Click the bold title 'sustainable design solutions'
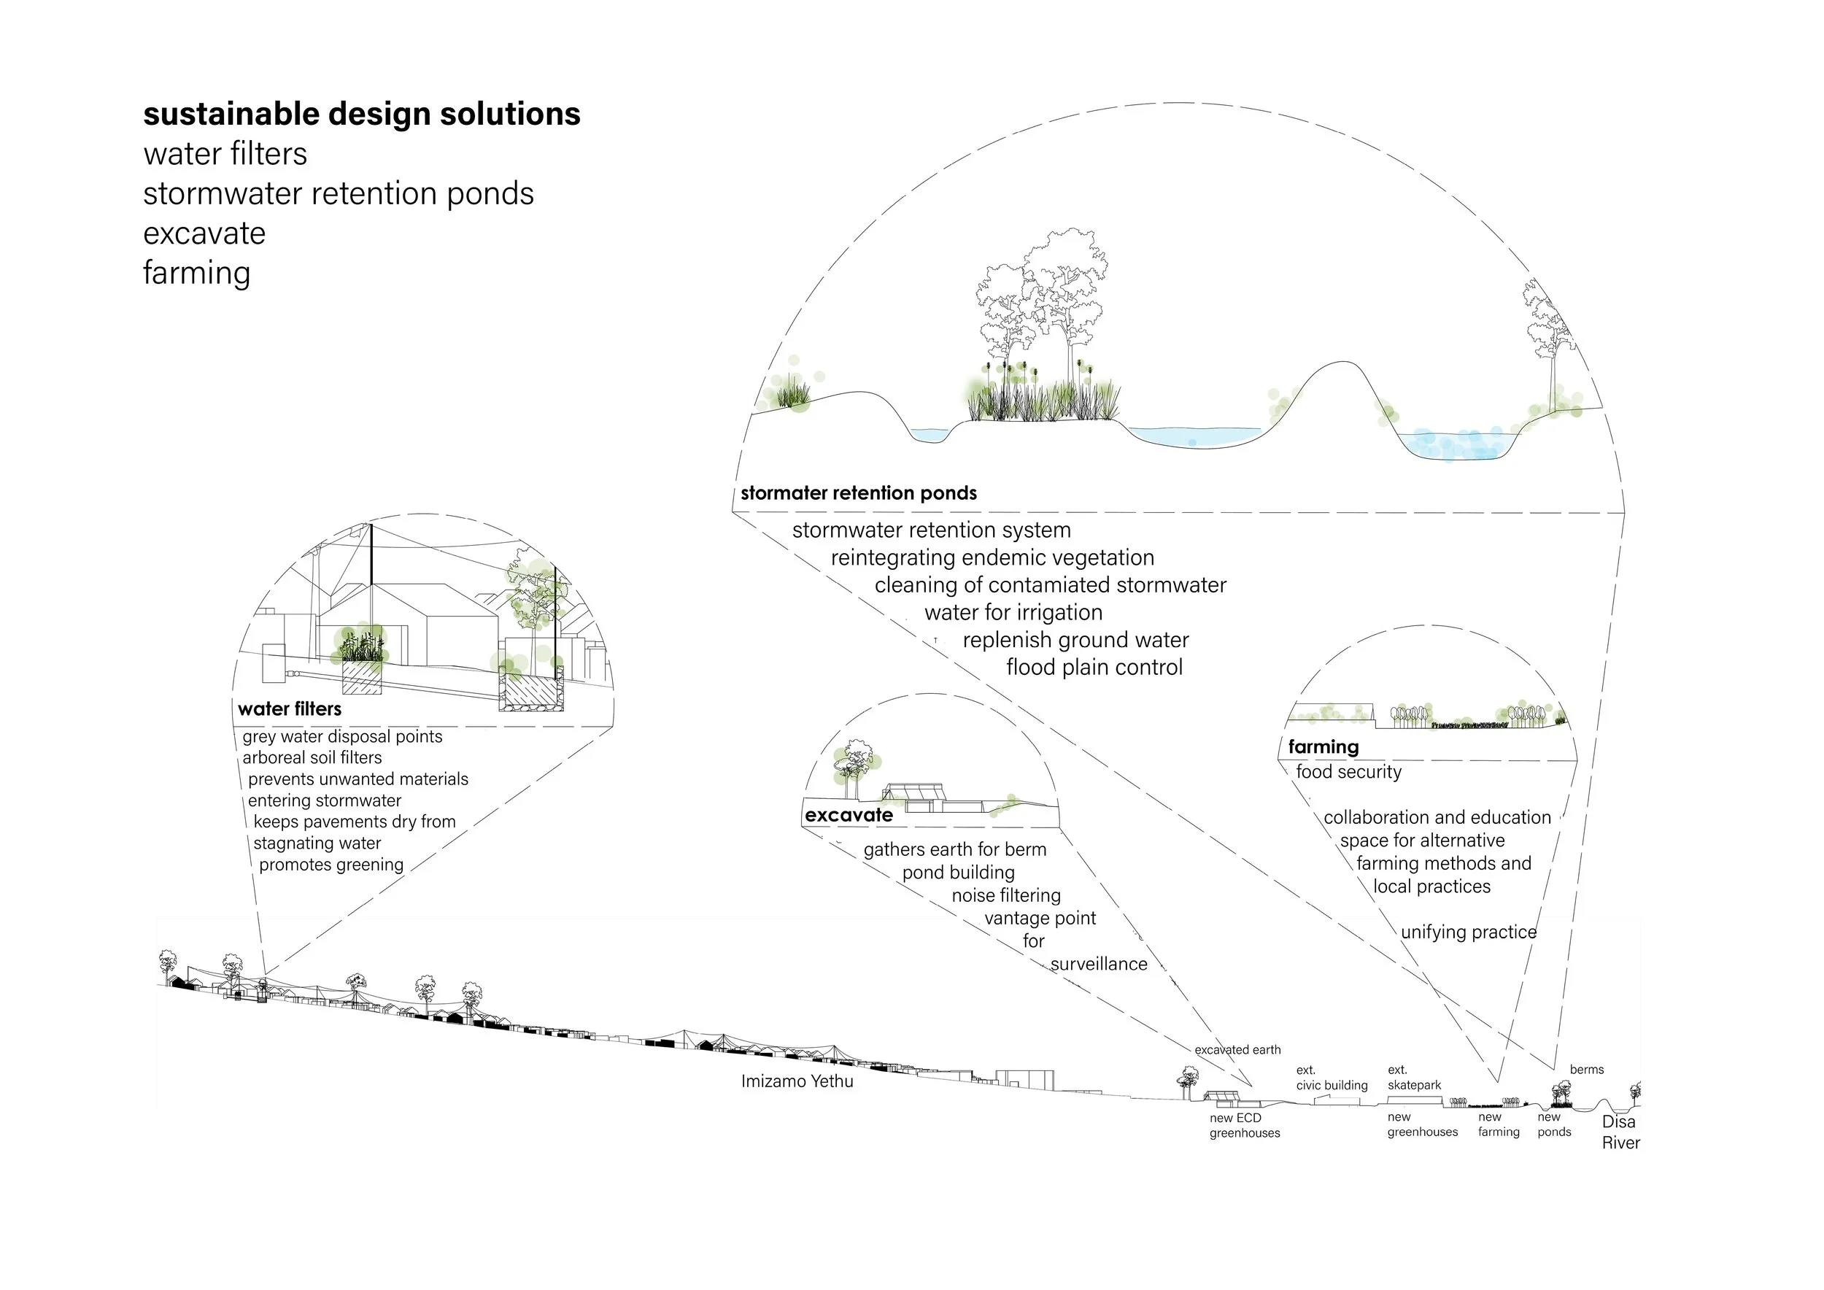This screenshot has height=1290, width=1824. tap(361, 115)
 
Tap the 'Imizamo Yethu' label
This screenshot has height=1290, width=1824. tap(797, 1081)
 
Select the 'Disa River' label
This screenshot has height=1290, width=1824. tap(1620, 1132)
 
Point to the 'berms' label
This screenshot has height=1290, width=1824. tap(1586, 1070)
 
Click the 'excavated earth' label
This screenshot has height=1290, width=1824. tap(1237, 1050)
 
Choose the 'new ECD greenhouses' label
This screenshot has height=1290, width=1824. tap(1244, 1126)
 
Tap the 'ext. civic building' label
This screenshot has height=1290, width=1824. tap(1332, 1078)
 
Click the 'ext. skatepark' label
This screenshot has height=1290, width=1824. tap(1414, 1078)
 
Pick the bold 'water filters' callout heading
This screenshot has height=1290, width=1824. tap(289, 709)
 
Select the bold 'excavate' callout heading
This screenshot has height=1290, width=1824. tap(849, 815)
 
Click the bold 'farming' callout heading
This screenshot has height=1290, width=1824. tap(1323, 746)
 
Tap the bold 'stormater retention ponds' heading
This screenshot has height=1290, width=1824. tap(858, 493)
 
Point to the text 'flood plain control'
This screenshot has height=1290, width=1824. tap(1094, 667)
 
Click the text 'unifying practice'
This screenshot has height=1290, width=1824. tap(1468, 932)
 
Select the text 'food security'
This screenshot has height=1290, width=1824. tap(1348, 772)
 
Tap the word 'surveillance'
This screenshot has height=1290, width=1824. tap(1099, 965)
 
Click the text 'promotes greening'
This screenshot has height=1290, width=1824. tap(331, 865)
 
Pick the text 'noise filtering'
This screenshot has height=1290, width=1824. tap(1005, 896)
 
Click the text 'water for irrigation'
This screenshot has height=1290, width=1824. tap(1013, 613)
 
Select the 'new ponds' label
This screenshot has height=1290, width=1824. tap(1554, 1125)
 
